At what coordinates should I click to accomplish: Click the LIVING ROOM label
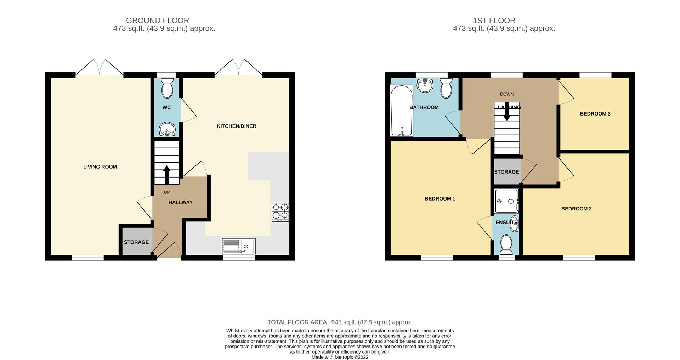point(100,167)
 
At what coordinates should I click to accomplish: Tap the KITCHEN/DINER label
point(236,126)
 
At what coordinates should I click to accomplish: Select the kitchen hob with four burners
point(280,212)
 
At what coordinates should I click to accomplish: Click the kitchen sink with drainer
point(238,246)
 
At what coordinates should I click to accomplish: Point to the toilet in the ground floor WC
point(167,88)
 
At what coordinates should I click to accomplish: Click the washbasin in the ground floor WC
point(166,129)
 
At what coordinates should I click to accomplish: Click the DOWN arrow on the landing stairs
point(507,112)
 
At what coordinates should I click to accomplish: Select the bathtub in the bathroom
point(401,110)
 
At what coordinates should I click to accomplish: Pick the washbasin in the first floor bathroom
point(425,85)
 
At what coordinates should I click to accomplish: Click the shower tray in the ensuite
point(506,201)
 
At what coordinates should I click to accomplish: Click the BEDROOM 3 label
point(595,114)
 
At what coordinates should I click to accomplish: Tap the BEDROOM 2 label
point(576,209)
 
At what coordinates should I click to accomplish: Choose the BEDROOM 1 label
point(440,199)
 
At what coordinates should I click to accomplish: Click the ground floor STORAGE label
point(136,242)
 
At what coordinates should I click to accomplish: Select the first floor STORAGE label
point(506,172)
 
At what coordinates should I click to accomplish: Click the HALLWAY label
point(180,202)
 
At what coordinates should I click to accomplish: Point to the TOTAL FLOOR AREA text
point(340,322)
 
